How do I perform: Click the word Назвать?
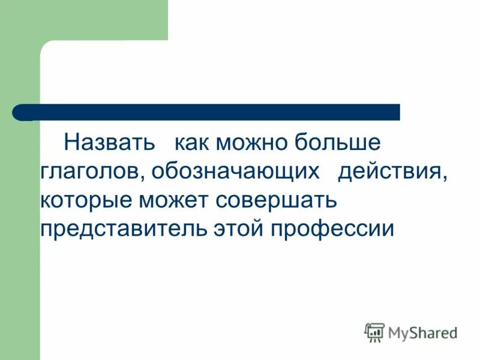click(109, 143)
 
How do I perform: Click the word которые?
click(88, 200)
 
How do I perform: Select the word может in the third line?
click(176, 201)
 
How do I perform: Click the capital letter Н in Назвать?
click(71, 143)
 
